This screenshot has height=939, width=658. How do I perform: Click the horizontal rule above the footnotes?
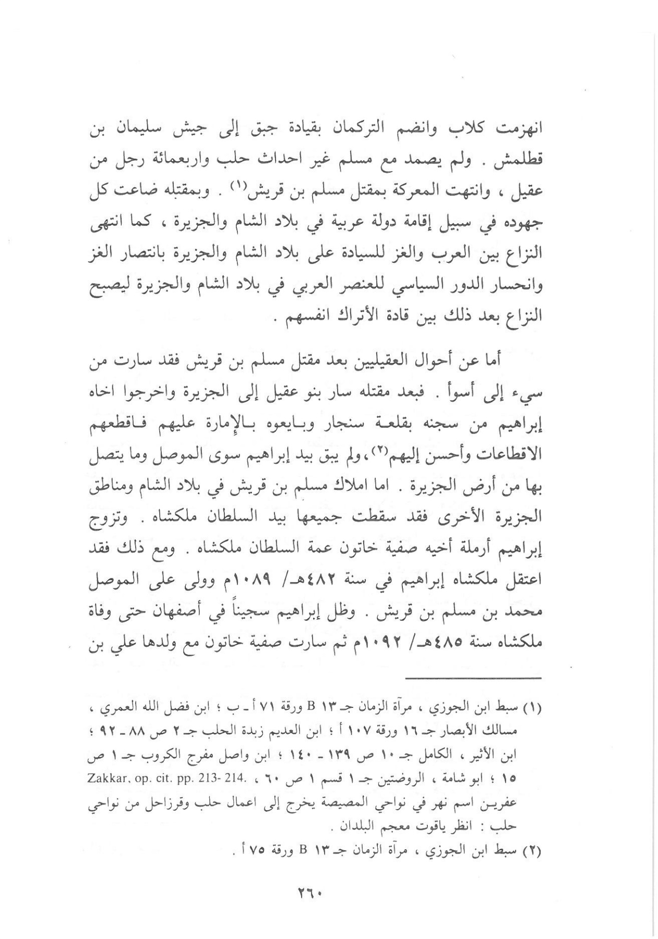(474, 678)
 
